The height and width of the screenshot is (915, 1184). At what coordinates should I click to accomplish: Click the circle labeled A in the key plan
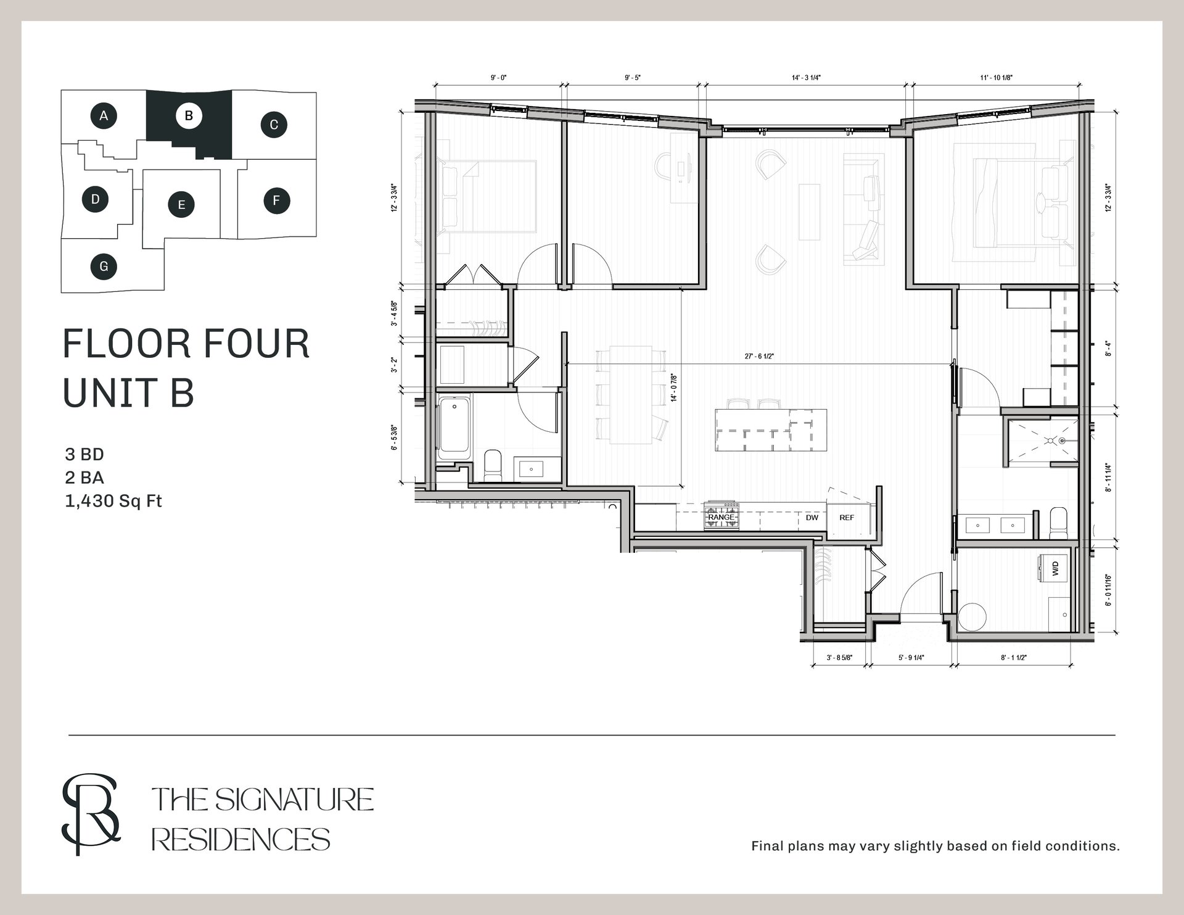pos(104,115)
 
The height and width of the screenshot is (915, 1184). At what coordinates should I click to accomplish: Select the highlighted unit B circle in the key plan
pos(189,115)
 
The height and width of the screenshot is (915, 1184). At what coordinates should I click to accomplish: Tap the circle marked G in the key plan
pos(104,267)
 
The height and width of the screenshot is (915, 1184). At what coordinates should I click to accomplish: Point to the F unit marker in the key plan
pos(276,201)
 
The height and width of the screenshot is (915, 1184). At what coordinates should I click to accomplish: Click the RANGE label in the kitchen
pos(721,518)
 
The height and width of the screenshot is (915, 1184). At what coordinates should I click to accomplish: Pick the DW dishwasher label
pos(812,518)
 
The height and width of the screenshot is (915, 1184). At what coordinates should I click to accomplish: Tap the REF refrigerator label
pos(847,518)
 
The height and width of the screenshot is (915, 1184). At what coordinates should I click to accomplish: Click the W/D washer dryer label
pos(1055,568)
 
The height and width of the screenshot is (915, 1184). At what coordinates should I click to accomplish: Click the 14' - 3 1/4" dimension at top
pos(806,78)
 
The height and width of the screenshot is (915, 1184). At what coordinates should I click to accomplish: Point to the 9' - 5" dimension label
pos(633,78)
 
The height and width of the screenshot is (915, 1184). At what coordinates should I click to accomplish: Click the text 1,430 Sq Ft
pos(113,501)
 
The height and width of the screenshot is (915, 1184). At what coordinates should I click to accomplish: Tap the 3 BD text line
pos(84,455)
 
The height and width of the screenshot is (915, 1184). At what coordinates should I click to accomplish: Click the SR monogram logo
pos(91,814)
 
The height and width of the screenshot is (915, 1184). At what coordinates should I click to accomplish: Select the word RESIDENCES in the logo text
pos(241,840)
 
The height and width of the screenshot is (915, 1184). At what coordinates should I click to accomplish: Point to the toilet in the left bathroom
pos(493,465)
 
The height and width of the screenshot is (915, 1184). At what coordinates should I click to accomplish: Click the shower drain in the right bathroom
pos(1063,441)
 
